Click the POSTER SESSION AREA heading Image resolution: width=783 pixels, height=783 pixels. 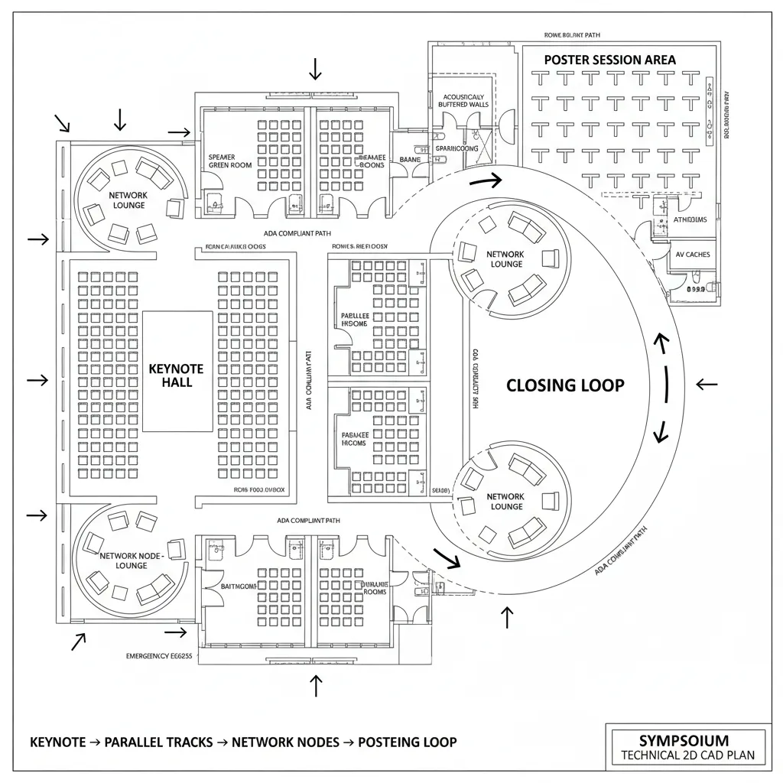pyautogui.click(x=609, y=60)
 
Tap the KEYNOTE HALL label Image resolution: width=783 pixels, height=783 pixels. pyautogui.click(x=177, y=375)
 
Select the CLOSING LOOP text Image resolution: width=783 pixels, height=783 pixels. pyautogui.click(x=565, y=385)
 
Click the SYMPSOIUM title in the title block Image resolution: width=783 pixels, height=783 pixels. pyautogui.click(x=684, y=740)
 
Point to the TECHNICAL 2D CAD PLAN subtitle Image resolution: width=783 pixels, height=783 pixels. pyautogui.click(x=684, y=755)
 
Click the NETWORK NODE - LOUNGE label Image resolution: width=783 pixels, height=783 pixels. pyautogui.click(x=132, y=560)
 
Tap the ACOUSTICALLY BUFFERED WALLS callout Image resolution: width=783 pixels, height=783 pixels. pyautogui.click(x=463, y=101)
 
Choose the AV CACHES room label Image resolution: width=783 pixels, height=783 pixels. pyautogui.click(x=693, y=255)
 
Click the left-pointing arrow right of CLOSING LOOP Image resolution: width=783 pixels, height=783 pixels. pyautogui.click(x=707, y=384)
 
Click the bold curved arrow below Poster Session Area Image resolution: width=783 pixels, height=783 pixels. pyautogui.click(x=486, y=181)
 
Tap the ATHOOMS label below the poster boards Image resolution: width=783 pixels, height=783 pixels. pyautogui.click(x=690, y=219)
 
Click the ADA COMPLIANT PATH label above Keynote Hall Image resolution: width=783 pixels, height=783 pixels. pyautogui.click(x=297, y=234)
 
